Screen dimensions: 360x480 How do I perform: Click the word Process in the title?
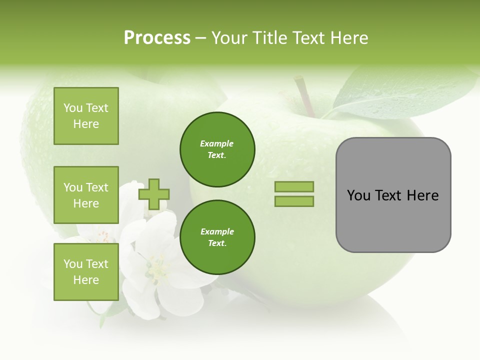[157, 38]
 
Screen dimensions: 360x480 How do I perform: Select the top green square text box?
[86, 116]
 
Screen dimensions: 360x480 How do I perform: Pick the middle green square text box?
[86, 195]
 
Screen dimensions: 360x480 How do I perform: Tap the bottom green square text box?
[86, 271]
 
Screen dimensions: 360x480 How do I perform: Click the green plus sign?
[154, 194]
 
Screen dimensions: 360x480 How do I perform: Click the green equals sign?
[294, 194]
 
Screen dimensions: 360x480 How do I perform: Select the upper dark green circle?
[217, 149]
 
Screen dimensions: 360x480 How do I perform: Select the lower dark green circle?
[217, 237]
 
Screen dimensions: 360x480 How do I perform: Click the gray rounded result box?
[393, 195]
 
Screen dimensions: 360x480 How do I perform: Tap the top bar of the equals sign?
[294, 187]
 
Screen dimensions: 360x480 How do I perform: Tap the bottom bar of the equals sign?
[294, 201]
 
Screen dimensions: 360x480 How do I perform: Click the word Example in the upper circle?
[217, 143]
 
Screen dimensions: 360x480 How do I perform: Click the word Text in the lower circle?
[216, 243]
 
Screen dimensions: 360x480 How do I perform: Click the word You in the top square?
[73, 108]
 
